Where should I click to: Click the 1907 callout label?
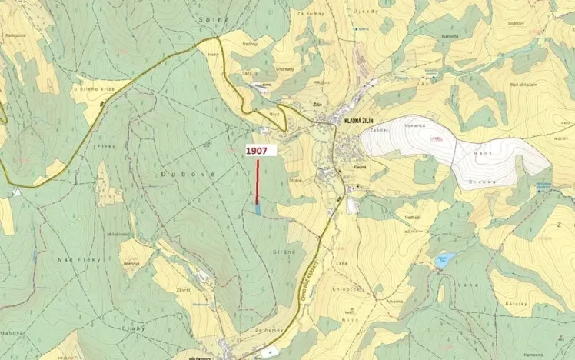pos(257,152)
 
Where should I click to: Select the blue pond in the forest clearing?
pos(442,261)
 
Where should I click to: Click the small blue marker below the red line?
pos(258,208)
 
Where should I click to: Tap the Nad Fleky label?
pos(75,259)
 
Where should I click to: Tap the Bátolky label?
pos(514,304)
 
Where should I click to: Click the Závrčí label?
pos(183,290)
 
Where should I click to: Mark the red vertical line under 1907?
pos(257,182)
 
